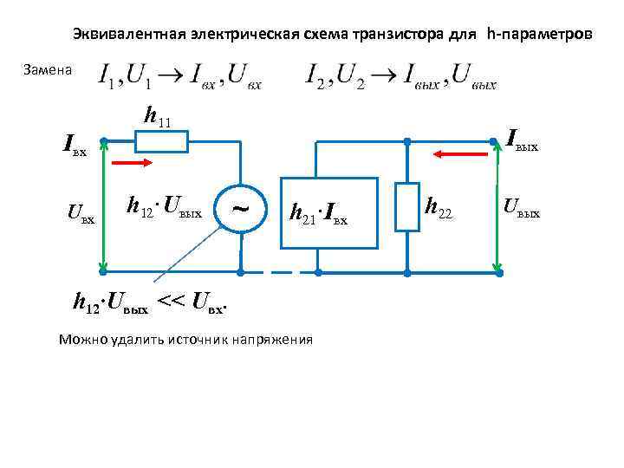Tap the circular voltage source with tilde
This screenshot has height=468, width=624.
[240, 207]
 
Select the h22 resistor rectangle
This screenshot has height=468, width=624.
[407, 207]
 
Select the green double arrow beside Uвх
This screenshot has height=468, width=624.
[104, 207]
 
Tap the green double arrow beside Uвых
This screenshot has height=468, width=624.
[499, 207]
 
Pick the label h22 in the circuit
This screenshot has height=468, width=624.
[439, 207]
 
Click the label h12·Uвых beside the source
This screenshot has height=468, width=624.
[164, 208]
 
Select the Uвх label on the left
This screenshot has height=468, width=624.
[81, 211]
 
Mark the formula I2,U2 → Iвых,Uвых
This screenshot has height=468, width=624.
[401, 76]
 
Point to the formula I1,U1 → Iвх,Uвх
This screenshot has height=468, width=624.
[181, 76]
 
